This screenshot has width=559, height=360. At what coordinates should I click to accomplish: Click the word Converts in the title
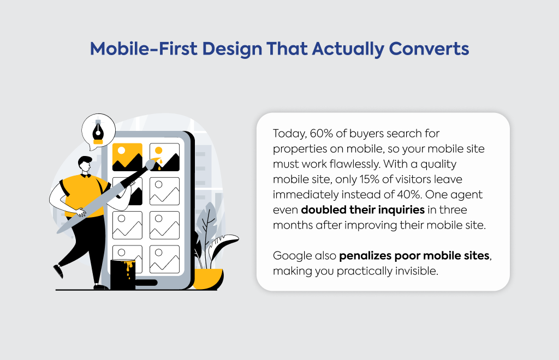click(429, 49)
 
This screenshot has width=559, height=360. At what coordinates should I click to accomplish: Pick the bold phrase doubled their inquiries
click(363, 210)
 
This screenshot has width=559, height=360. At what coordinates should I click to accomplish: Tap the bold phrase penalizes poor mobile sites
click(414, 256)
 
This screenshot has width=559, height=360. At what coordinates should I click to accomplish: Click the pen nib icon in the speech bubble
click(98, 131)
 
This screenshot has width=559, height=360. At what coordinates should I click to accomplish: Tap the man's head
click(85, 164)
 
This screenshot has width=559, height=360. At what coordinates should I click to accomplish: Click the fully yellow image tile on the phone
click(127, 157)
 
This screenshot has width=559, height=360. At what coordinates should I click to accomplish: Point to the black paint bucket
click(123, 274)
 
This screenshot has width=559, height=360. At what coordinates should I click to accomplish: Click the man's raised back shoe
click(58, 271)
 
